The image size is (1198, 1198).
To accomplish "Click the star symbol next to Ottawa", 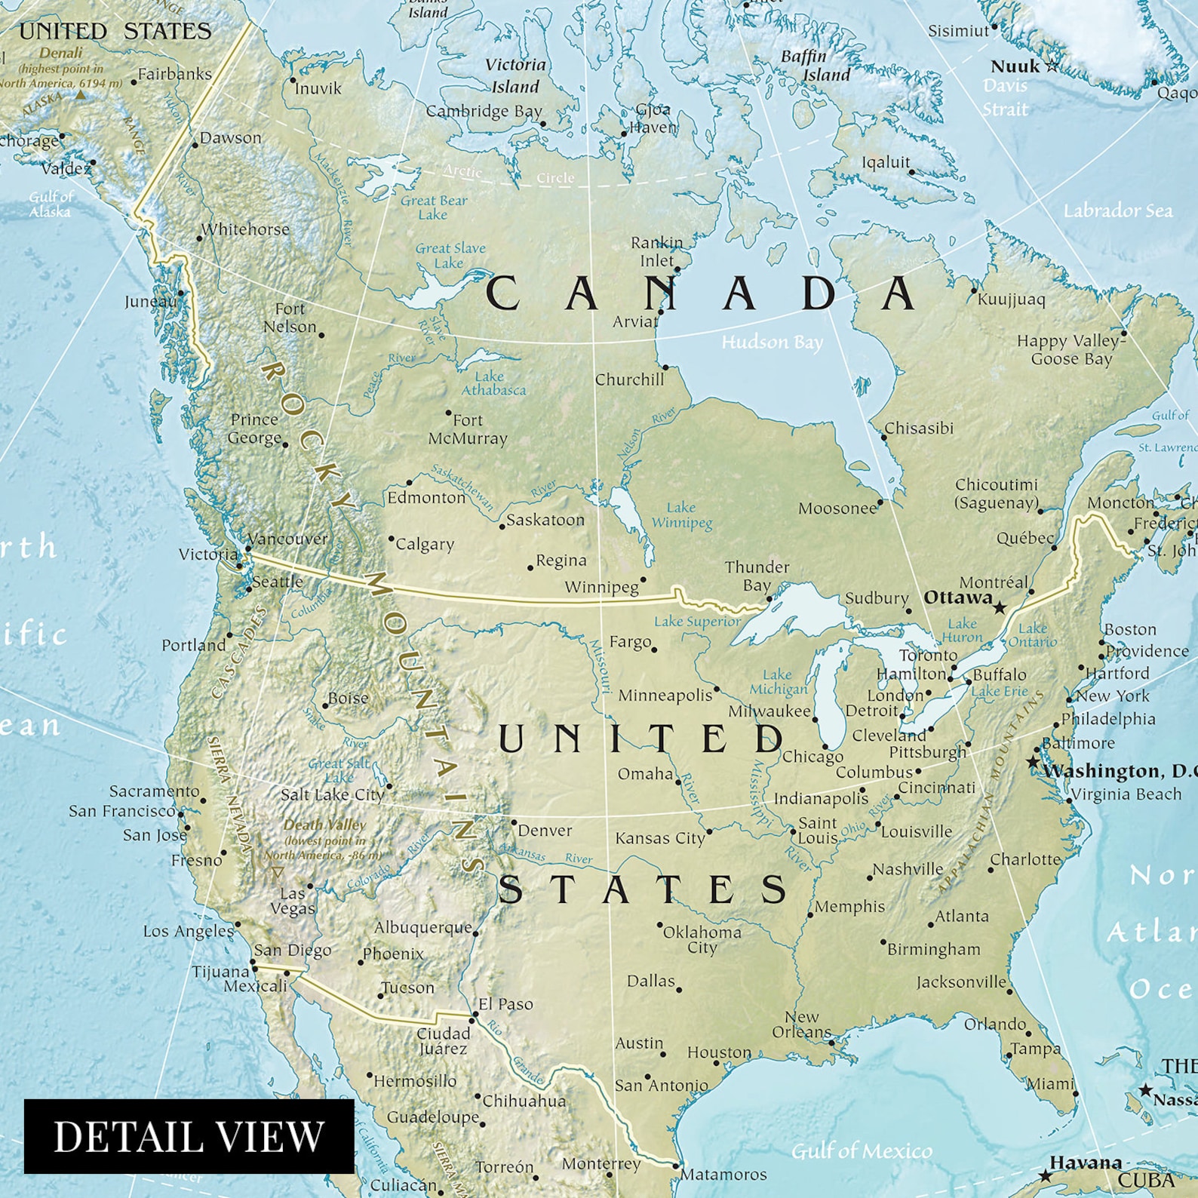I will (x=1000, y=607).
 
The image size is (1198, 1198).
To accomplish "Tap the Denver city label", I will (x=545, y=831).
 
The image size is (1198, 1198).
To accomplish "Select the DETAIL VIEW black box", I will (x=189, y=1136).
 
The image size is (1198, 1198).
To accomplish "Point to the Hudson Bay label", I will (x=772, y=343).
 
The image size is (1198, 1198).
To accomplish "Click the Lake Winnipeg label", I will (x=681, y=515).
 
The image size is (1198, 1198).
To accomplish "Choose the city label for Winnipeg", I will (x=601, y=587).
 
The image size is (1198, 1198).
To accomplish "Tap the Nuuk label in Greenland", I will (x=1015, y=66).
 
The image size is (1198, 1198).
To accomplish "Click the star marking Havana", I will (x=1045, y=1175).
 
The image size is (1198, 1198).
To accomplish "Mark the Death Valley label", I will (x=324, y=825).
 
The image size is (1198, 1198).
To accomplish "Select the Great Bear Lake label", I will (x=434, y=207).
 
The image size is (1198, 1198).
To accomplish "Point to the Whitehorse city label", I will (x=245, y=229).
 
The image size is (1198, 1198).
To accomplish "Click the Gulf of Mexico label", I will (x=862, y=1150).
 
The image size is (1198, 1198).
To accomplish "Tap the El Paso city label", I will (x=505, y=1004).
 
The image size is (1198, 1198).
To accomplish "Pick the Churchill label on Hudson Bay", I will (x=629, y=379).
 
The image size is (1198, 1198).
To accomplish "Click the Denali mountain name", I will (x=60, y=53).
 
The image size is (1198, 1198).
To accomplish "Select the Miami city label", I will (x=1049, y=1084).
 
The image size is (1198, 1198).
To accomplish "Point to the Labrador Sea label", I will (x=1118, y=210).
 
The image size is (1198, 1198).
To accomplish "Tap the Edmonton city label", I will (x=426, y=498).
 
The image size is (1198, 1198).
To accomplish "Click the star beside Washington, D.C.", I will (x=1033, y=762).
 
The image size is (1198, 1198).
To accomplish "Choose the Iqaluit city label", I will (x=886, y=162).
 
